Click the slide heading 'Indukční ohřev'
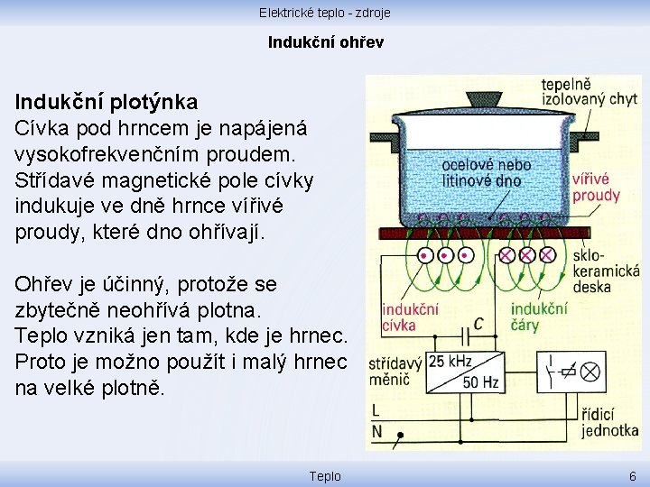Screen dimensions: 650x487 click(x=325, y=41)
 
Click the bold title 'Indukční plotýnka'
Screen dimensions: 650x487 click(x=107, y=100)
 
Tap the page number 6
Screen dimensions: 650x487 click(x=632, y=476)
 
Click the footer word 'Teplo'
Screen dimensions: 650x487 click(x=325, y=476)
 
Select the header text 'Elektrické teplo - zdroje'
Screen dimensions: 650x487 click(x=324, y=12)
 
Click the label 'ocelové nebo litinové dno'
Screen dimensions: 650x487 click(x=486, y=173)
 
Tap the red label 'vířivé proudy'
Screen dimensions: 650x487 click(x=596, y=188)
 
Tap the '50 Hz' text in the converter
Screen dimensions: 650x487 click(x=481, y=382)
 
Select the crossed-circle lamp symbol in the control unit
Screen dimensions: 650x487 click(x=591, y=371)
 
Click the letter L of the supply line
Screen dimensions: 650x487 click(x=376, y=411)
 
